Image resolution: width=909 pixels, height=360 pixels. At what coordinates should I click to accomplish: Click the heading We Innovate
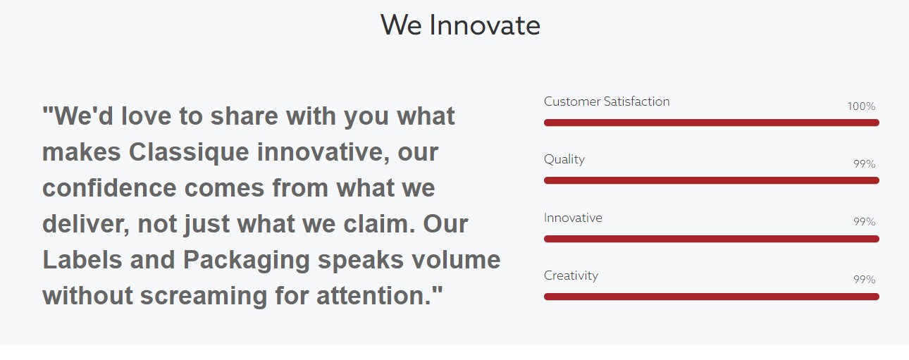(460, 25)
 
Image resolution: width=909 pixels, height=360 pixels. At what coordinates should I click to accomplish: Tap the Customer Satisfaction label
(607, 101)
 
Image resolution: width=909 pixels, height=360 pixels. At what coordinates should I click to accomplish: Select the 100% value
(861, 106)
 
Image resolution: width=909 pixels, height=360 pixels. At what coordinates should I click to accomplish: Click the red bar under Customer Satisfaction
(712, 123)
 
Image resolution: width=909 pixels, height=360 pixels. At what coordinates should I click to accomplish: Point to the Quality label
(564, 159)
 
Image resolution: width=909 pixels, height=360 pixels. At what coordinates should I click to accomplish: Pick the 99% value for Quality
(865, 164)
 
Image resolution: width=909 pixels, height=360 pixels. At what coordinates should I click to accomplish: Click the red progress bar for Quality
(712, 180)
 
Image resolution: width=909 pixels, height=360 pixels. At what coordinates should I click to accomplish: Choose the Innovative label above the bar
(573, 218)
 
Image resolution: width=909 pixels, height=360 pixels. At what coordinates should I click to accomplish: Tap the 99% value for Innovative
(865, 222)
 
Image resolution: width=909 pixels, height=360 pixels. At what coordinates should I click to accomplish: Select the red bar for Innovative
(712, 239)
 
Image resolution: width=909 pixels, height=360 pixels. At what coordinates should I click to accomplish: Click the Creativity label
(571, 276)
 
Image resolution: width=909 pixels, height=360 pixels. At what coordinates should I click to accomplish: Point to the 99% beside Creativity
(865, 279)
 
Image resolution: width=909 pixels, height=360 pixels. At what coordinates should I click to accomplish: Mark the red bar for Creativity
(712, 297)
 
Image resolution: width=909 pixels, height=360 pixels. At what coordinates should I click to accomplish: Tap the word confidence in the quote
(109, 188)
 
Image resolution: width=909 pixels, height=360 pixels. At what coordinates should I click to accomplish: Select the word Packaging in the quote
(247, 261)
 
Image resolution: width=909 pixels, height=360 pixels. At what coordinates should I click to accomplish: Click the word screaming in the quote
(204, 297)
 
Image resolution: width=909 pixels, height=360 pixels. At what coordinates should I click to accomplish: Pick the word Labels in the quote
(82, 260)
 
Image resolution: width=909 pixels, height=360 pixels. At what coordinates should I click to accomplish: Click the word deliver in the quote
(84, 224)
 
